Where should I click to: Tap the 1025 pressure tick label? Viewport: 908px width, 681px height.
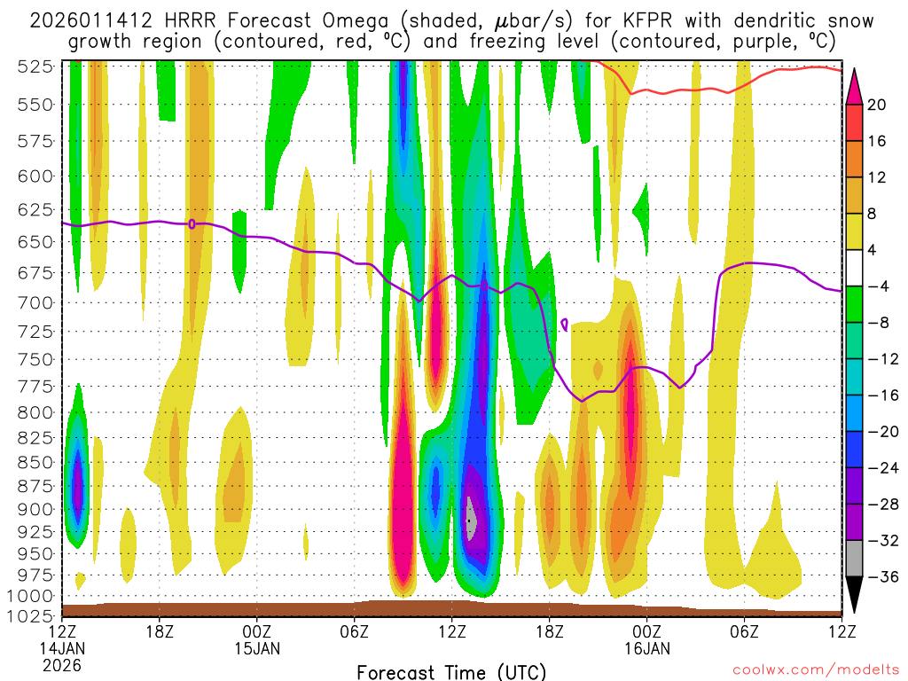(32, 614)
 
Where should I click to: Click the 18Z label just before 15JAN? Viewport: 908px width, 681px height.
(159, 631)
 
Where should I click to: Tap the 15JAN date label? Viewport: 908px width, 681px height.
(257, 647)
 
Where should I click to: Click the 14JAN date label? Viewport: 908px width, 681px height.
(62, 647)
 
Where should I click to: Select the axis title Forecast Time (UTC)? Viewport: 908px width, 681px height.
(451, 671)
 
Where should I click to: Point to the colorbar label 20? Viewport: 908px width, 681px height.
(876, 105)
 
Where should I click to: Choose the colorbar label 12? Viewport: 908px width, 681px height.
(876, 177)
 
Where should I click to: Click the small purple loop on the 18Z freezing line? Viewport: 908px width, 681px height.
(192, 223)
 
